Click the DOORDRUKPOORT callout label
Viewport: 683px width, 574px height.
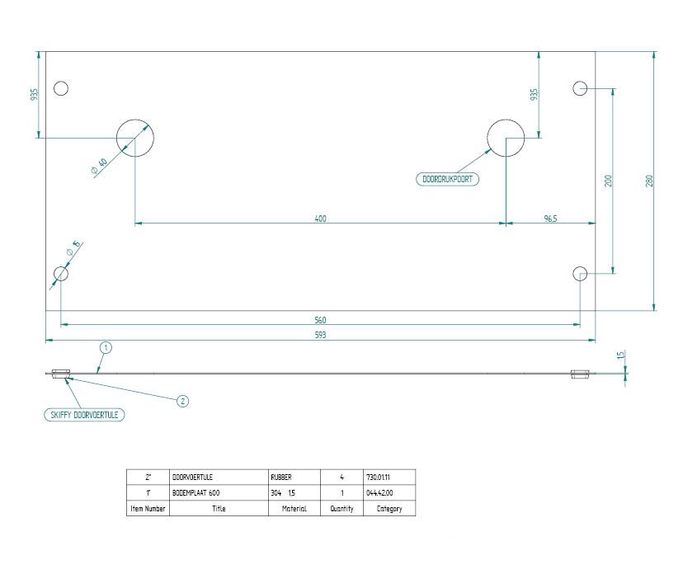(x=449, y=178)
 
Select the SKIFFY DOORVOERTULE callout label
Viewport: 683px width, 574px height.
(x=83, y=416)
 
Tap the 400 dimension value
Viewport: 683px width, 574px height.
(x=320, y=219)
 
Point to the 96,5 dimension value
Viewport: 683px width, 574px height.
(x=550, y=219)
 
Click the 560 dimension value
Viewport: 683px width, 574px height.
(x=320, y=320)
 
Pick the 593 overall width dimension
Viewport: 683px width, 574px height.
(x=320, y=335)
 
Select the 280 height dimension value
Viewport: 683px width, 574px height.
(x=649, y=181)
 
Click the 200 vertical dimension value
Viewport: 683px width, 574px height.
(x=608, y=181)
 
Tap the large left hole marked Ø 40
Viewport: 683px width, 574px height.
(x=135, y=138)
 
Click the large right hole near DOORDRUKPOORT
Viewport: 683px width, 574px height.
(x=506, y=138)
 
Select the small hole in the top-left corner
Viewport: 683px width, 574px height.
(x=61, y=88)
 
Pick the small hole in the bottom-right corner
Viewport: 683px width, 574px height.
(x=580, y=273)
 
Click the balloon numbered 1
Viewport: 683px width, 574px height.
(x=105, y=348)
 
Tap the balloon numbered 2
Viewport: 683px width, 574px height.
(x=183, y=402)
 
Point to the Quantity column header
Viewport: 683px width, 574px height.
(x=341, y=509)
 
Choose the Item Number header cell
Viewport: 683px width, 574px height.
(x=148, y=509)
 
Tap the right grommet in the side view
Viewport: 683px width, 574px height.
(x=580, y=374)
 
